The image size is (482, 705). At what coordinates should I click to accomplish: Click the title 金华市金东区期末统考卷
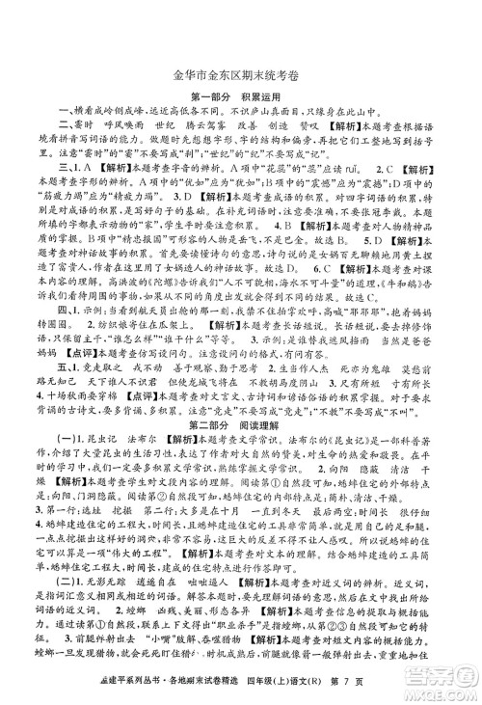tap(240, 70)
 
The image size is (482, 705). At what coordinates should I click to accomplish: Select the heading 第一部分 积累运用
tap(241, 95)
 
